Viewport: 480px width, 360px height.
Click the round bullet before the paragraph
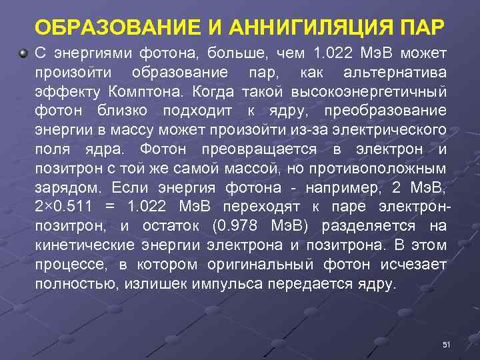pyautogui.click(x=24, y=52)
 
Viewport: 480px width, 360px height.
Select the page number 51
pyautogui.click(x=447, y=344)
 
